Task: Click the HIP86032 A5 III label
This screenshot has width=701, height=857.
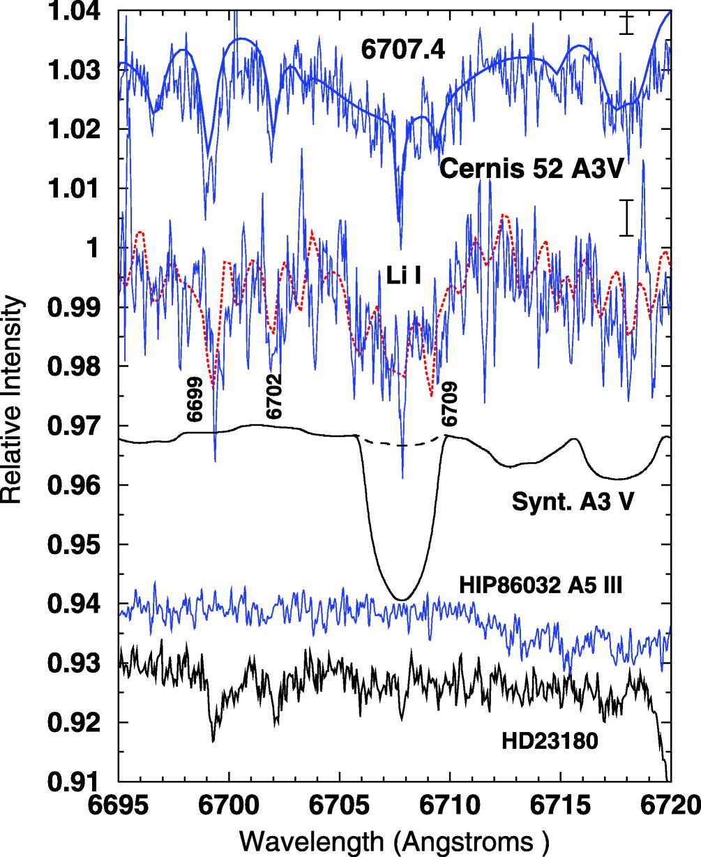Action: (x=541, y=585)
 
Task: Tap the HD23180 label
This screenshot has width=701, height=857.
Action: (x=549, y=740)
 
